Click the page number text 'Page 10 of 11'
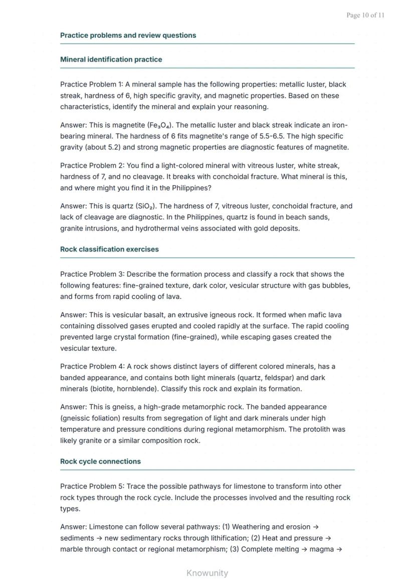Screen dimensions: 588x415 [x=365, y=15]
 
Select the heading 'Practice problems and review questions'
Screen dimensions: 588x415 [x=128, y=35]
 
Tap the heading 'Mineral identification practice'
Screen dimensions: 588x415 [x=111, y=59]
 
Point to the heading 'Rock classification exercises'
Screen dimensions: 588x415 [x=109, y=249]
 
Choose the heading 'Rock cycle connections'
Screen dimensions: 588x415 [x=100, y=461]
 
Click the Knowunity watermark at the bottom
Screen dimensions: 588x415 [x=207, y=573]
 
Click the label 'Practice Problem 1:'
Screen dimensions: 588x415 [x=91, y=84]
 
